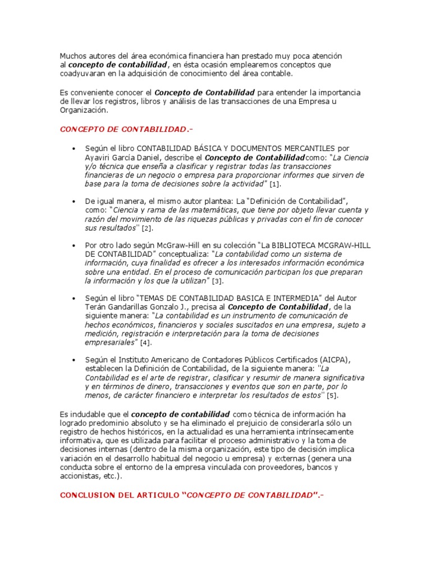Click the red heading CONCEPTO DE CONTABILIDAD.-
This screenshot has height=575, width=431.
pyautogui.click(x=126, y=130)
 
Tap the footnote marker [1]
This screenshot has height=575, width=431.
pyautogui.click(x=275, y=184)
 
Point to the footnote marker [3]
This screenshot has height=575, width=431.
pyautogui.click(x=217, y=281)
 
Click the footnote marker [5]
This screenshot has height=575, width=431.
pyautogui.click(x=333, y=396)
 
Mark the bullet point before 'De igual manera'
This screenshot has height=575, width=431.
pyautogui.click(x=74, y=201)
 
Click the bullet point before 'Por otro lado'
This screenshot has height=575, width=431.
pyautogui.click(x=74, y=246)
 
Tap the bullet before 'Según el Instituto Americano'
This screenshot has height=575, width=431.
pyautogui.click(x=74, y=359)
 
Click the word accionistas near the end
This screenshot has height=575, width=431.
pyautogui.click(x=79, y=476)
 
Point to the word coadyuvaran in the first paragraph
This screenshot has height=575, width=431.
pyautogui.click(x=83, y=74)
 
